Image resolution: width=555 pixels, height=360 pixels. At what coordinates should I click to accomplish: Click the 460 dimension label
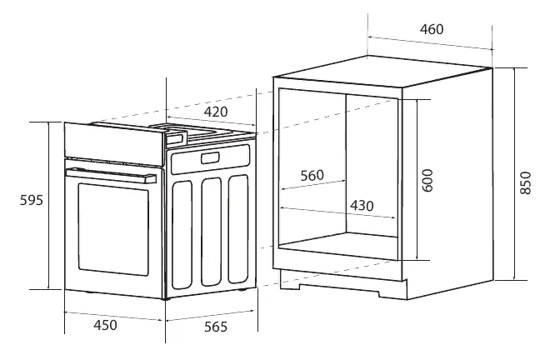pos(431,30)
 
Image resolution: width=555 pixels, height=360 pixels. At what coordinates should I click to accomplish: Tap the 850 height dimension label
pos(525,182)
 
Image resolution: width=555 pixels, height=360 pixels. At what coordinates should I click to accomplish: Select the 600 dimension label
pos(428,181)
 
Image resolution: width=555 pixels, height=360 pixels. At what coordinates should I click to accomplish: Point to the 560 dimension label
pos(311,175)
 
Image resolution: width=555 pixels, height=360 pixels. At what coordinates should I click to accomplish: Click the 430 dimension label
pos(361,205)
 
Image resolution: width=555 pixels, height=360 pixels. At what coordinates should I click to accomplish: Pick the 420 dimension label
pos(216,112)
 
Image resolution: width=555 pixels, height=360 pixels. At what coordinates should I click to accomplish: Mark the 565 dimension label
pos(215,327)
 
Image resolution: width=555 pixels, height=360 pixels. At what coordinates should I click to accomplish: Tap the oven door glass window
pos(111,232)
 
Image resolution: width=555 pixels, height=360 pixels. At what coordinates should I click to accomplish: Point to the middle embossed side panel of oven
pos(212,229)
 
